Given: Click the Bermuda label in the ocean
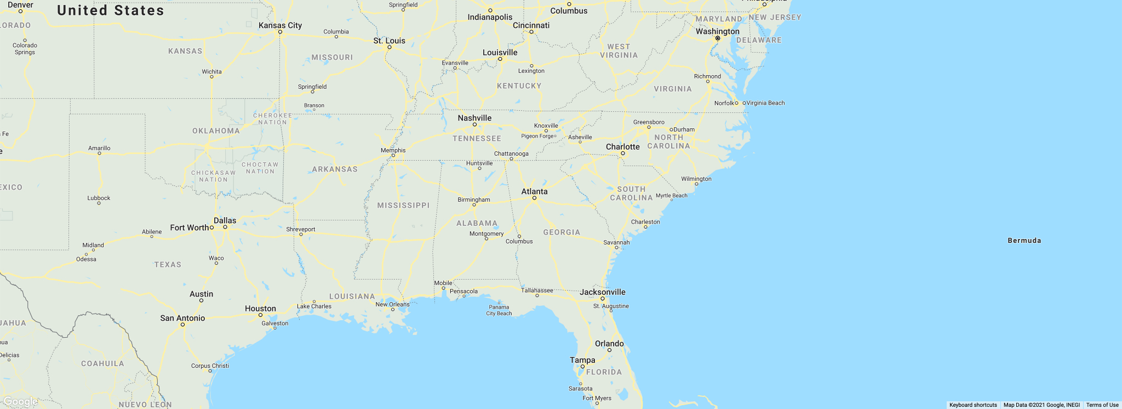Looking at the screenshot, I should (x=1024, y=241).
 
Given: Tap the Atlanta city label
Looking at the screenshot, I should (x=534, y=191).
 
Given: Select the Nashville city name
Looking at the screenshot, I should (x=474, y=118).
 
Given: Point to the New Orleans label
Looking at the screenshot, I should (x=392, y=304).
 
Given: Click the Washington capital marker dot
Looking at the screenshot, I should (x=717, y=38).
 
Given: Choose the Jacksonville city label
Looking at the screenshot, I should (x=603, y=292).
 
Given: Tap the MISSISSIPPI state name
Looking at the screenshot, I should (x=403, y=205).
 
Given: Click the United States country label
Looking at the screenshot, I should (x=111, y=10).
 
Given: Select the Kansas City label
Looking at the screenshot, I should (x=280, y=25).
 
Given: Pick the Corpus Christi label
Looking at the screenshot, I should (x=210, y=366).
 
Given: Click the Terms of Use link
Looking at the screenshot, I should (x=1102, y=405).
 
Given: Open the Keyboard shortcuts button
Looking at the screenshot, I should (x=973, y=405).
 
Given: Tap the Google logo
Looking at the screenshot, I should (x=20, y=402).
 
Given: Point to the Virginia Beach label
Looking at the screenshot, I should (x=765, y=103).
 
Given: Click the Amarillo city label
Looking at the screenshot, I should (x=99, y=148).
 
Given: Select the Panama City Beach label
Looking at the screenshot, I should (x=499, y=310).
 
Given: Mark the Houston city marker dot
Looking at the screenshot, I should (x=260, y=315).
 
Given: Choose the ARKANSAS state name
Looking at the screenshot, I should (x=335, y=169).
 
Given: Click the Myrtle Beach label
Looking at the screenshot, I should (x=671, y=196).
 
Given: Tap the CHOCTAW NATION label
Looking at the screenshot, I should (x=260, y=168).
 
